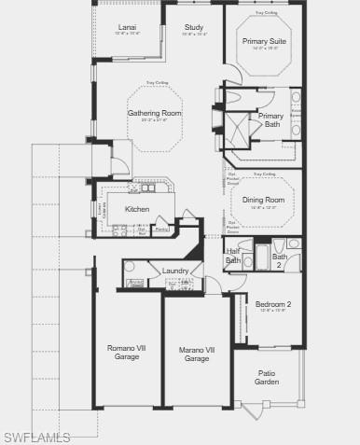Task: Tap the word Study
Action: (194, 28)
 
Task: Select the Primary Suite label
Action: (265, 42)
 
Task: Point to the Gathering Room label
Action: (155, 113)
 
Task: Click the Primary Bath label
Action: (271, 119)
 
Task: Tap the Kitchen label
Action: (137, 209)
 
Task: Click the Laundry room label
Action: (175, 271)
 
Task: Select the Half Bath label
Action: (233, 256)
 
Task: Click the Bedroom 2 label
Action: (274, 304)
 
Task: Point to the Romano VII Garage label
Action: (127, 353)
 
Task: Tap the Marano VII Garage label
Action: (197, 354)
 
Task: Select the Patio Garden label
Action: (267, 378)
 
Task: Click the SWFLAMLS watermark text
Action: (36, 437)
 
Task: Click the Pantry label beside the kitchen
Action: (161, 229)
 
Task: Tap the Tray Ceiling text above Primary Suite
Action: (265, 14)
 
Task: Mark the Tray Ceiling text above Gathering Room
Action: (156, 83)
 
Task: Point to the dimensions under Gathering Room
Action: (155, 120)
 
